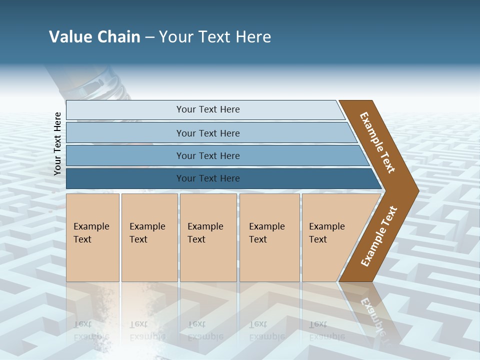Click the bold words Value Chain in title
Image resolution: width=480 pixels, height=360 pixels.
coord(94,37)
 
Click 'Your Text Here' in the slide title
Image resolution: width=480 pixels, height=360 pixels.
coord(215,37)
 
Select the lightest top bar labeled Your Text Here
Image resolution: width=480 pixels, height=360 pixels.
coord(207,109)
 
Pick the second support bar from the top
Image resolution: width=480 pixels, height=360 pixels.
coord(207,133)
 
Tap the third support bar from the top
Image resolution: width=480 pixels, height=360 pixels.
coord(207,155)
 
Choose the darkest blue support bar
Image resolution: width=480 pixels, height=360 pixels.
coord(207,178)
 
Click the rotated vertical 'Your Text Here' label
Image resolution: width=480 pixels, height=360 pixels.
coord(57,143)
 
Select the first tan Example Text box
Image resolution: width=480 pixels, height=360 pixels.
coord(92,237)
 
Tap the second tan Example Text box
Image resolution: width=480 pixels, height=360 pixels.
coord(149,237)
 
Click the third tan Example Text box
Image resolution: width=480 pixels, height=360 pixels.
coord(207,237)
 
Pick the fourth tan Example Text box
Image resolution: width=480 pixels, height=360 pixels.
coord(269,237)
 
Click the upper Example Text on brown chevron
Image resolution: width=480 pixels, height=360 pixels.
coord(377,142)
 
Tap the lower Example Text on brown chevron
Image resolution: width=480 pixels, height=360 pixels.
coord(379,236)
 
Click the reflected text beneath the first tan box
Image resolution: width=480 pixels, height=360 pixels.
coord(91,330)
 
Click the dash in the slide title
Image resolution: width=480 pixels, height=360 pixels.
coord(149,37)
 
